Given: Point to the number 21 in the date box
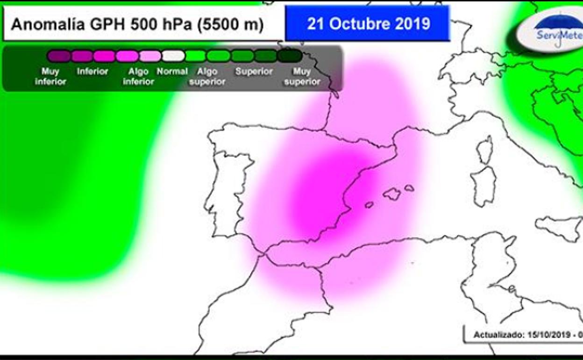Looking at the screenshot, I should (316, 24).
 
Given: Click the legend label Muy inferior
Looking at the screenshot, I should (50, 77).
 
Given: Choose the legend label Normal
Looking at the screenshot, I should (172, 72).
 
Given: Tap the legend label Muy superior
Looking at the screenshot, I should (302, 77).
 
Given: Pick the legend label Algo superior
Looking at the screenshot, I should (207, 77).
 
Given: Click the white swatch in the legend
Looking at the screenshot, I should (173, 56).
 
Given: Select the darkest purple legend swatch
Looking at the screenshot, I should (59, 56).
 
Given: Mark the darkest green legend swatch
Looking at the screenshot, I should (290, 56).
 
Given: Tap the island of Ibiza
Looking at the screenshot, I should (369, 205).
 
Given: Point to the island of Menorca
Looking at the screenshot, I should (409, 188).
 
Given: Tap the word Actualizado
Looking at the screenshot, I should (498, 335).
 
